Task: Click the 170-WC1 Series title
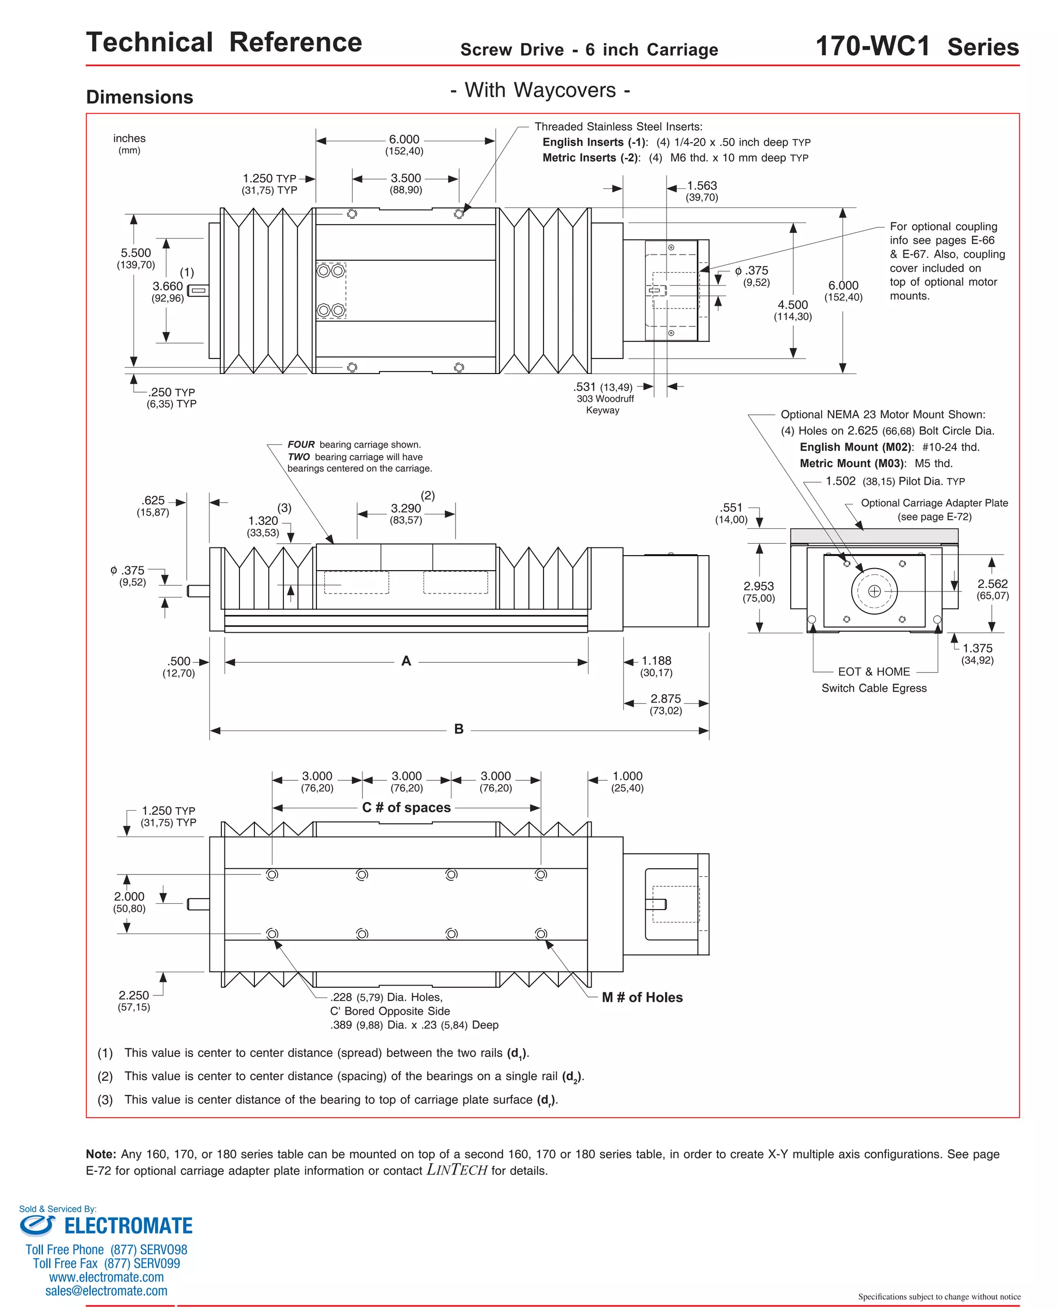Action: click(x=916, y=47)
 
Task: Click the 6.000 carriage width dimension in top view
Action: click(x=404, y=140)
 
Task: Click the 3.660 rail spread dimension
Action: click(x=168, y=286)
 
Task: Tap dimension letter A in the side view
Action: click(x=406, y=661)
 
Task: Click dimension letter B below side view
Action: click(x=459, y=729)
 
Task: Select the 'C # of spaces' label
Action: click(x=406, y=807)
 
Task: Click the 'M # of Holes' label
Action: click(x=642, y=997)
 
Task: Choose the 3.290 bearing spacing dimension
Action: click(x=406, y=509)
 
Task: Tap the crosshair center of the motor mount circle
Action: click(x=874, y=591)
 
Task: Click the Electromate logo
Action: click(x=106, y=1225)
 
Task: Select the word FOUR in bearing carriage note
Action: click(x=301, y=444)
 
